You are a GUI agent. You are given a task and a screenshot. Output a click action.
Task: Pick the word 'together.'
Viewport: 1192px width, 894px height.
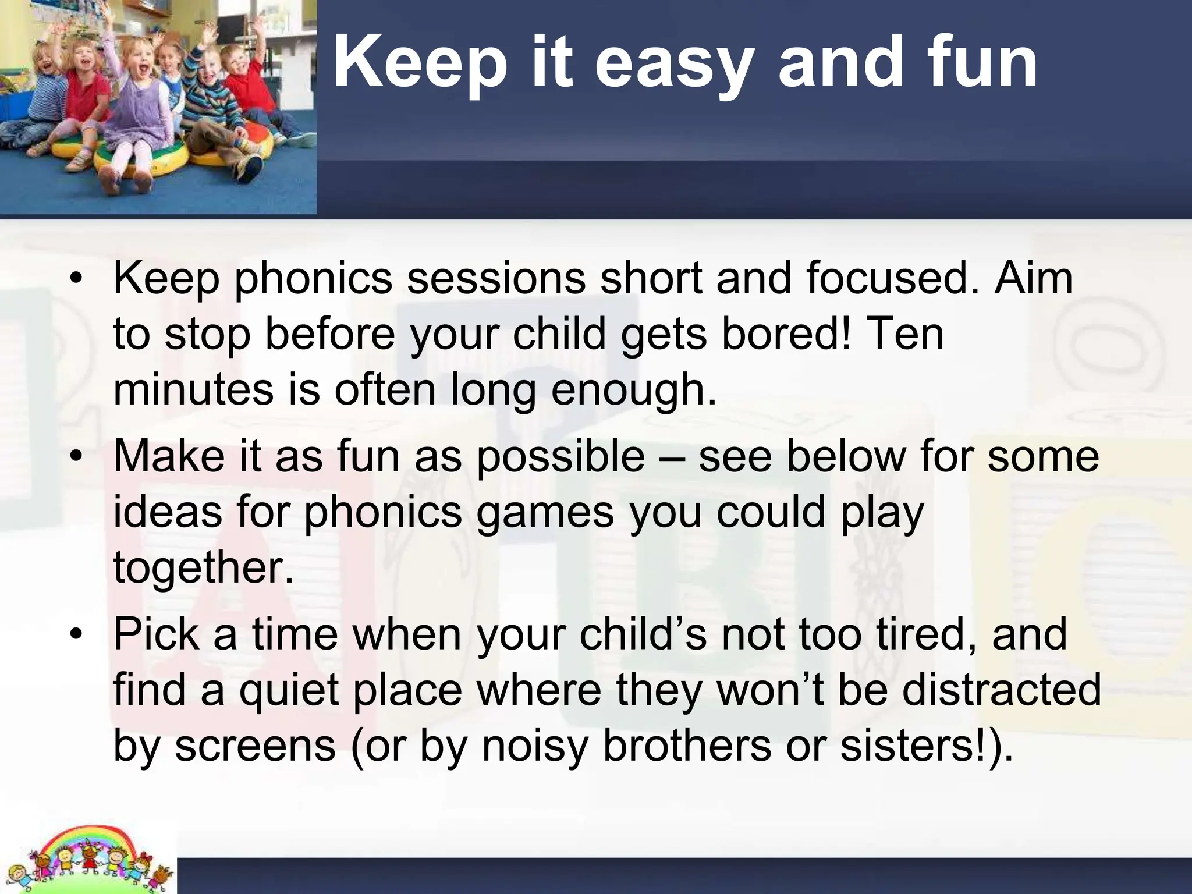204,568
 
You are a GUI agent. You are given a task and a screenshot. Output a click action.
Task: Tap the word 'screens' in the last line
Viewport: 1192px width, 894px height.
256,746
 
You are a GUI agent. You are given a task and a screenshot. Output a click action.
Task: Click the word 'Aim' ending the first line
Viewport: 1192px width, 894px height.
1033,278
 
